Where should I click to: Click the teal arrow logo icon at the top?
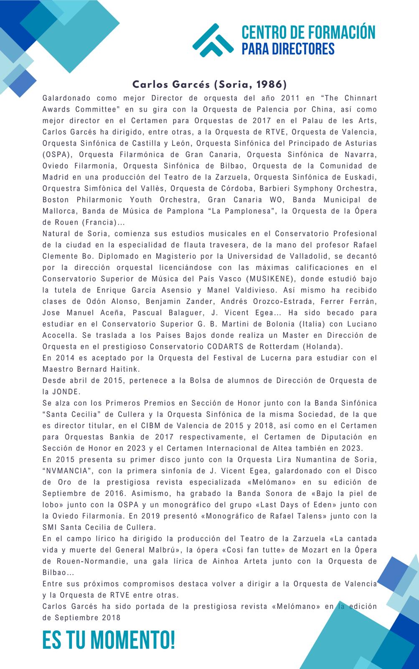(213, 40)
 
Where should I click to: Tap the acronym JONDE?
(66, 392)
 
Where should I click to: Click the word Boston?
(56, 199)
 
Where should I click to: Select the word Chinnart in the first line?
(361, 98)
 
